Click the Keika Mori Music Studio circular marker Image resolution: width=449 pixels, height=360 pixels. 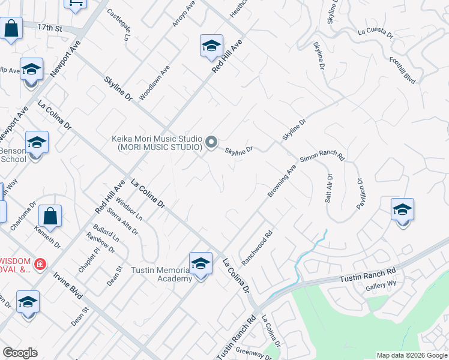click(x=211, y=142)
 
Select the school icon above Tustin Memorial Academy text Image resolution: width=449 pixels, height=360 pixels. click(x=200, y=264)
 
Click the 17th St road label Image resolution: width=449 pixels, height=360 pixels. click(x=50, y=28)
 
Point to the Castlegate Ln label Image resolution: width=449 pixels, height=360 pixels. click(x=118, y=25)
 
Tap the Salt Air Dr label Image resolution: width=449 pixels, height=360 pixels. click(x=328, y=188)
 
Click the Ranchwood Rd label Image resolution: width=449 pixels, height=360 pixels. click(x=257, y=247)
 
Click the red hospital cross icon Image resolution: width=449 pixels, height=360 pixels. click(x=40, y=264)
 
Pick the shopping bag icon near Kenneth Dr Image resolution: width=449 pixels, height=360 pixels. click(x=50, y=217)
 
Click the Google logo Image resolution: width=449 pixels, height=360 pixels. click(x=20, y=353)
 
